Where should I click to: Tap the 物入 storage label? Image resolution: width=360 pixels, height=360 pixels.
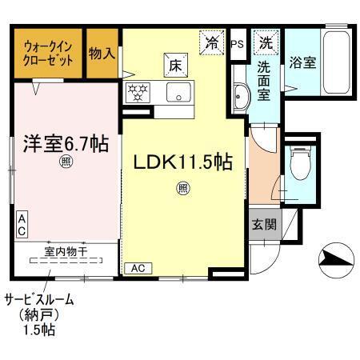102,53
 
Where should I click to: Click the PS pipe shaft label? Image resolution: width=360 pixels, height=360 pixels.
237,43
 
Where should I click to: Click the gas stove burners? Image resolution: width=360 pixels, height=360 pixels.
138,91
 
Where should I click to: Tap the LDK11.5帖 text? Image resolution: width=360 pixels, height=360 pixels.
183,162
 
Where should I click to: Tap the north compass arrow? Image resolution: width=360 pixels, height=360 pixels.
335,257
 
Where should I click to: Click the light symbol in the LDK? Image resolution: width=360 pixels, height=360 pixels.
183,189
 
